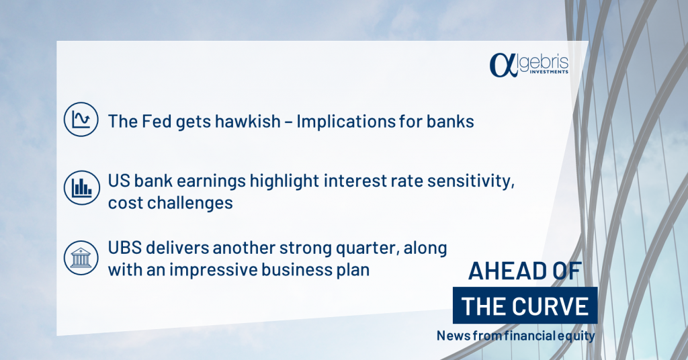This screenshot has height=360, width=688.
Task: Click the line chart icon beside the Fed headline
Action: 81,120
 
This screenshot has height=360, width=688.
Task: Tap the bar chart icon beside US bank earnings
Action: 81,187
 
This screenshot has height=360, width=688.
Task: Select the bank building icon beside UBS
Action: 81,258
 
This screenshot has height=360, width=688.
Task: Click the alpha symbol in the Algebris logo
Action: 503,65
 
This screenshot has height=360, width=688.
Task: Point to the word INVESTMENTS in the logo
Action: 549,71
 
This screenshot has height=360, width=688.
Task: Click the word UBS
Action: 124,249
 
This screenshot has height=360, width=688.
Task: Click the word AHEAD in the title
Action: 505,271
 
